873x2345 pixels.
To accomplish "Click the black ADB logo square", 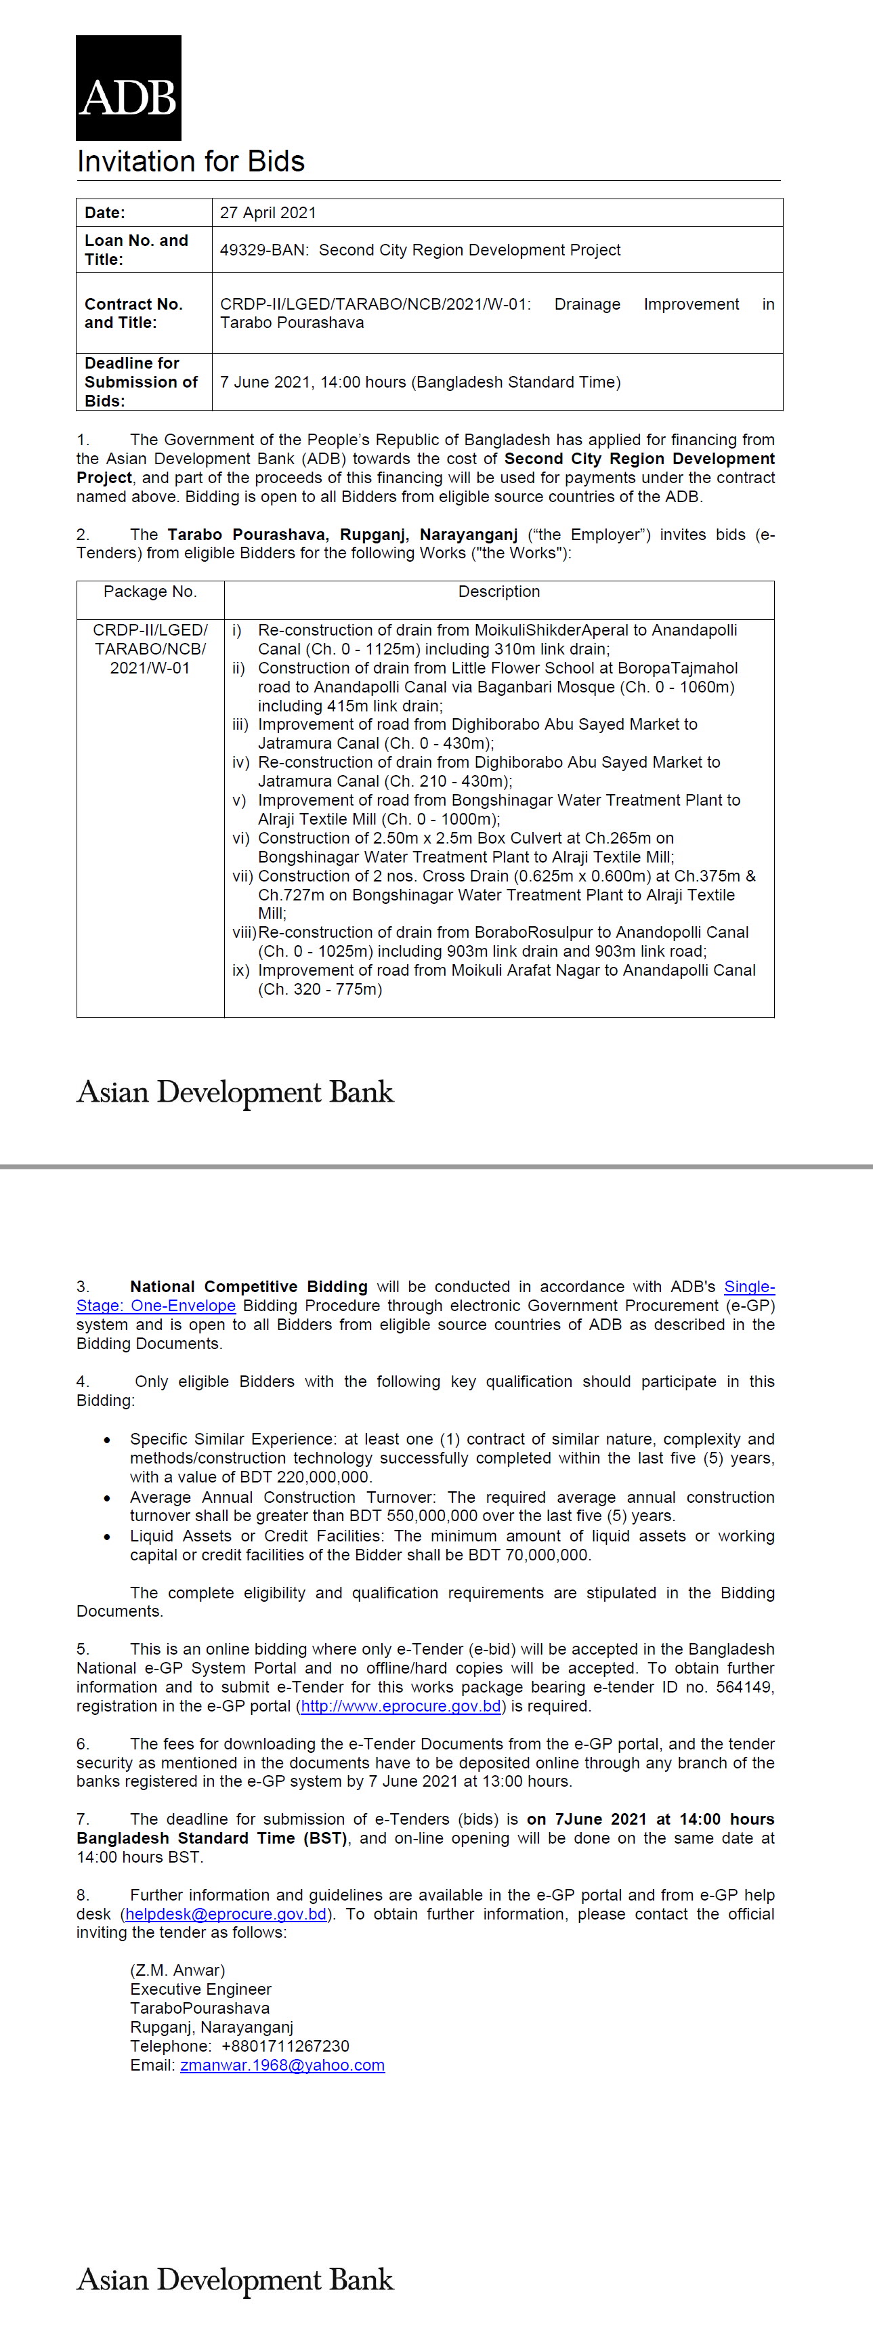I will (129, 88).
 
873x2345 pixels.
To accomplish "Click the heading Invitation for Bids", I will (190, 161).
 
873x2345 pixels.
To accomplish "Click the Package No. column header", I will (150, 592).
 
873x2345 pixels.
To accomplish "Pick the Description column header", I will (499, 592).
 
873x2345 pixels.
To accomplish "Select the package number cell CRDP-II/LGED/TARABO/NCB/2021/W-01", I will (150, 649).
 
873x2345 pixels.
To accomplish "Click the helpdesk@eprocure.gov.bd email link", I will (226, 1914).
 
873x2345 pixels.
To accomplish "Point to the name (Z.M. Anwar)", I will (177, 1970).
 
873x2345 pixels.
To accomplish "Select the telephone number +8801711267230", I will (285, 2046).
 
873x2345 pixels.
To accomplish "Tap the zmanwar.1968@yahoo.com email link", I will (282, 2064).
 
